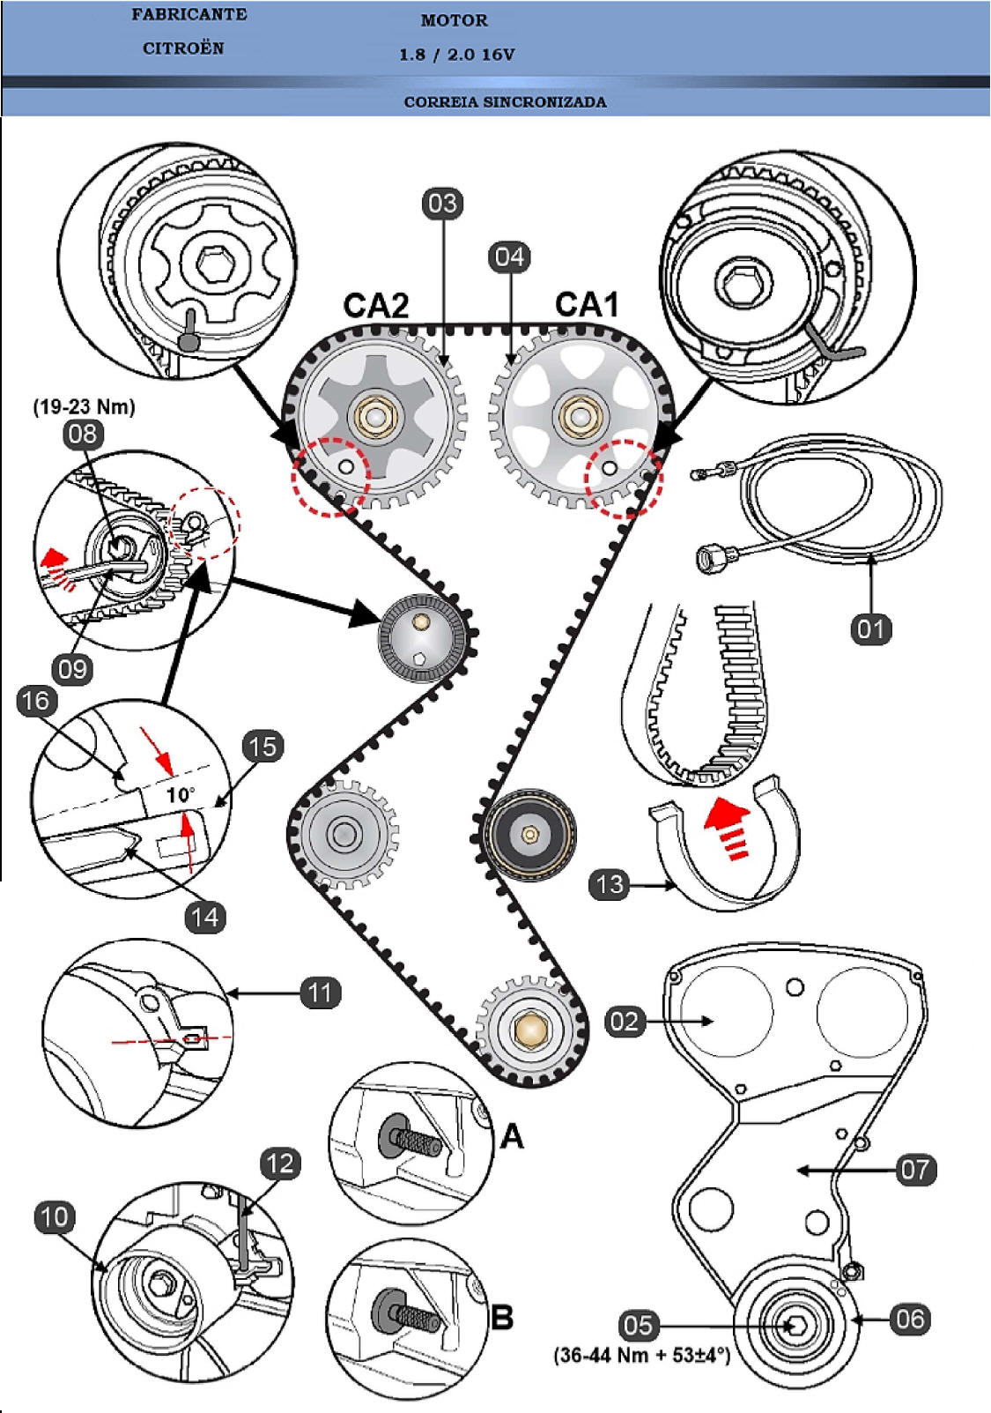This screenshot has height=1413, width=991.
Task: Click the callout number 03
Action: (x=442, y=205)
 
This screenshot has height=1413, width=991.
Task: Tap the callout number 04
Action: (x=509, y=257)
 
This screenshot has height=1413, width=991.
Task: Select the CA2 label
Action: (x=376, y=306)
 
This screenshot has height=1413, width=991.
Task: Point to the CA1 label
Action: (x=587, y=305)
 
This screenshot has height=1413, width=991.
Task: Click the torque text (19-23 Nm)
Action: (x=85, y=407)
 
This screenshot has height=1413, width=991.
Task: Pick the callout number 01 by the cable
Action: (x=871, y=628)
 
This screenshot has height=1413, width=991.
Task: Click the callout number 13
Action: (x=610, y=884)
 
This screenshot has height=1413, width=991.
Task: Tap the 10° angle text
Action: (x=181, y=795)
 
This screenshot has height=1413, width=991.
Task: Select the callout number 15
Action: (x=263, y=747)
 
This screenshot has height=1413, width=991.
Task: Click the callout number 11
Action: (x=320, y=993)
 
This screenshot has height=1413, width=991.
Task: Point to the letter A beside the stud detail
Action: (x=512, y=1136)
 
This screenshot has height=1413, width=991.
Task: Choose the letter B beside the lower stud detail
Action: (x=502, y=1318)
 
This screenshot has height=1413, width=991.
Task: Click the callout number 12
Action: (x=280, y=1164)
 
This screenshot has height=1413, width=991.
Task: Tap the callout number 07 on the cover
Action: (x=915, y=1170)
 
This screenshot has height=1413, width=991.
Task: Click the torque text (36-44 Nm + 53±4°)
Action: (x=642, y=1355)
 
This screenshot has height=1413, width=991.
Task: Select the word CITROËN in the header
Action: (x=183, y=48)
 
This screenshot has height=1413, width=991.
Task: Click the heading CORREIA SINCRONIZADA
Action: (x=505, y=102)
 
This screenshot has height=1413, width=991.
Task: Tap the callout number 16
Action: (x=36, y=701)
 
